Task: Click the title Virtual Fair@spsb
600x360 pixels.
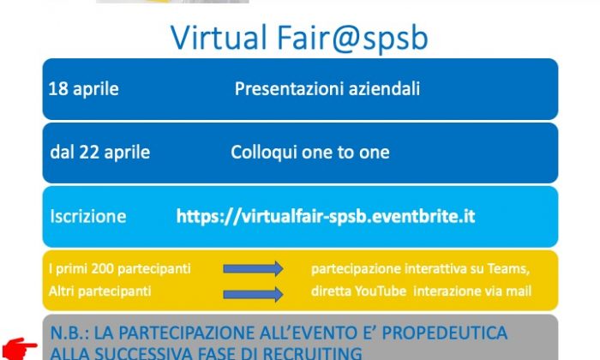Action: pos(299,37)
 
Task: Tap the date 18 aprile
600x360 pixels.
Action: pos(83,89)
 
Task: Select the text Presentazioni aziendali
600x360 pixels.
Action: pos(327,89)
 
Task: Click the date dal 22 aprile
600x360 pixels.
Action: pos(100,153)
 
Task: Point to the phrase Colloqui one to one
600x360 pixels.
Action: pos(310,153)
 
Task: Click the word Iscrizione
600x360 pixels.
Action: pos(88,216)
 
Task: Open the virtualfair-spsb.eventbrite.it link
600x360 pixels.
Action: pos(326,216)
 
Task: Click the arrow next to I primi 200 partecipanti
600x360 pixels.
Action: pos(254,268)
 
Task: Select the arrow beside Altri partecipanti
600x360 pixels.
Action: pos(254,294)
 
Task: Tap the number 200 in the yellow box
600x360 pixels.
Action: pos(103,268)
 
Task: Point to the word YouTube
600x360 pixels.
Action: pos(381,291)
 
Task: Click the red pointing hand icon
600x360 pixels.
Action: pos(19,349)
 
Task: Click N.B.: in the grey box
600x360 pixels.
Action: pos(69,333)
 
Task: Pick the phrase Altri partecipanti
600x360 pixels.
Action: pos(100,291)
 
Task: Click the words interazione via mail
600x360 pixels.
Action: pos(472,291)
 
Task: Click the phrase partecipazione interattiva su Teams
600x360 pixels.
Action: pos(421,269)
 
